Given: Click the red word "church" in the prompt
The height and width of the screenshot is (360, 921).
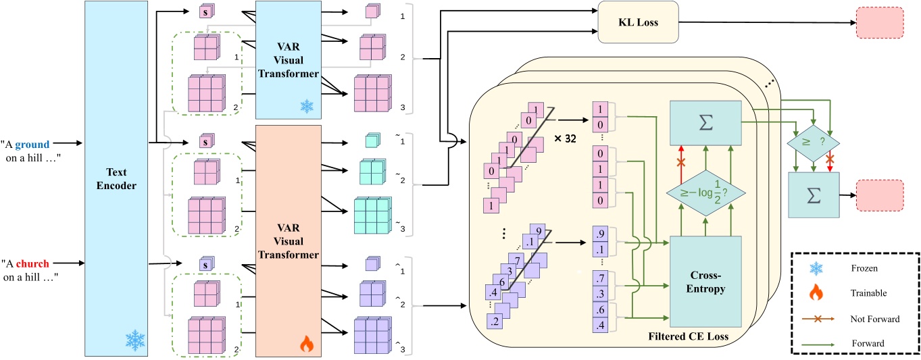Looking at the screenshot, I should coord(33,263).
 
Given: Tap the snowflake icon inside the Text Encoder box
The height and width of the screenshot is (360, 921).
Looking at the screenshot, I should coord(135,340).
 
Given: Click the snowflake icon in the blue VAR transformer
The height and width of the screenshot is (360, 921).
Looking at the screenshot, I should coord(307,107).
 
